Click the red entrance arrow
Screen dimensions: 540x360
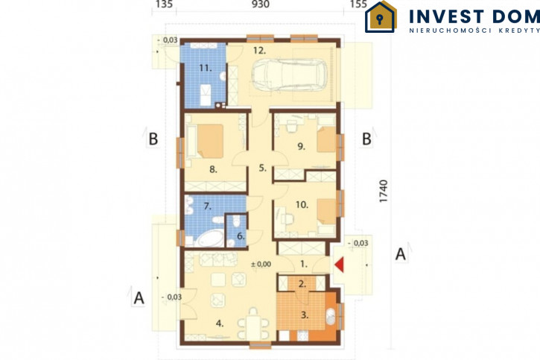339,265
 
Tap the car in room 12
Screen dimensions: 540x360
290,75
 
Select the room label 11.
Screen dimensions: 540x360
206,68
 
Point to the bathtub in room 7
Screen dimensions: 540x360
210,239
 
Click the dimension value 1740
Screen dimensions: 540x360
383,191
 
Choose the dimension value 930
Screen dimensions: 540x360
261,4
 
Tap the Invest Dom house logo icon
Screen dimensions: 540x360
381,17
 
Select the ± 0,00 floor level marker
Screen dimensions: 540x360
261,265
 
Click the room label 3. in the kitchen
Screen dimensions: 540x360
305,315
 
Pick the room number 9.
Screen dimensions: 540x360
302,146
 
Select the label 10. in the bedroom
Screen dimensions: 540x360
302,205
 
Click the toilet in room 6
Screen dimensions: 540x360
236,221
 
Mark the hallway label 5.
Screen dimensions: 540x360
262,168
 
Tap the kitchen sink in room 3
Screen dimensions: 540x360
331,317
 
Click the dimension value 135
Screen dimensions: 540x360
164,4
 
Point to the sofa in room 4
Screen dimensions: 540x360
218,259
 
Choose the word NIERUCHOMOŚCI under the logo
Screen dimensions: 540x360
451,31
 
